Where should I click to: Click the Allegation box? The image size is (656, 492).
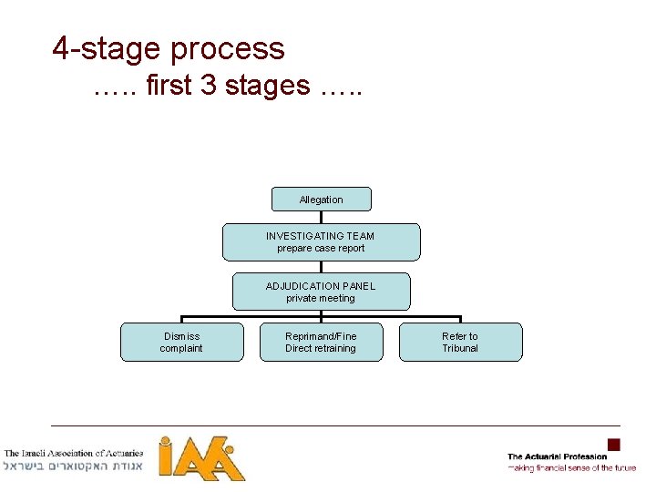pyautogui.click(x=321, y=200)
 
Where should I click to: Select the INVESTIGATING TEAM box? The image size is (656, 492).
pyautogui.click(x=321, y=242)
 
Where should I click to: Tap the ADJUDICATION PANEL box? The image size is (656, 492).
pyautogui.click(x=321, y=292)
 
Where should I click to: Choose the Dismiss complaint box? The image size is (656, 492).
pyautogui.click(x=182, y=342)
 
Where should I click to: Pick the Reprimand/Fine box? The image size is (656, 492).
pyautogui.click(x=321, y=342)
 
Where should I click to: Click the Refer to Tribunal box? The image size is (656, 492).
pyautogui.click(x=460, y=342)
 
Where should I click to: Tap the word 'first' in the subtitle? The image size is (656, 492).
pyautogui.click(x=168, y=86)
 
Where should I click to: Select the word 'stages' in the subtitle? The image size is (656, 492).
pyautogui.click(x=268, y=86)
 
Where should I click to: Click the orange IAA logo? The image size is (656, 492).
pyautogui.click(x=201, y=458)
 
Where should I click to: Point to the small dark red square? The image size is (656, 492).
pyautogui.click(x=614, y=445)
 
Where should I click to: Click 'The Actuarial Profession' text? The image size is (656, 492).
pyautogui.click(x=557, y=456)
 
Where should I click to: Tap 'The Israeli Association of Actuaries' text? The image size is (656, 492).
pyautogui.click(x=74, y=453)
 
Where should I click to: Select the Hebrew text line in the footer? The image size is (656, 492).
pyautogui.click(x=74, y=466)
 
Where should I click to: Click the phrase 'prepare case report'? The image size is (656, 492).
pyautogui.click(x=321, y=248)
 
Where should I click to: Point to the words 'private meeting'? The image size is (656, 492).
pyautogui.click(x=321, y=298)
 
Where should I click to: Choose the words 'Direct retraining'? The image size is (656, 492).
pyautogui.click(x=321, y=348)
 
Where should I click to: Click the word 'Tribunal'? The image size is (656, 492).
pyautogui.click(x=460, y=348)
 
